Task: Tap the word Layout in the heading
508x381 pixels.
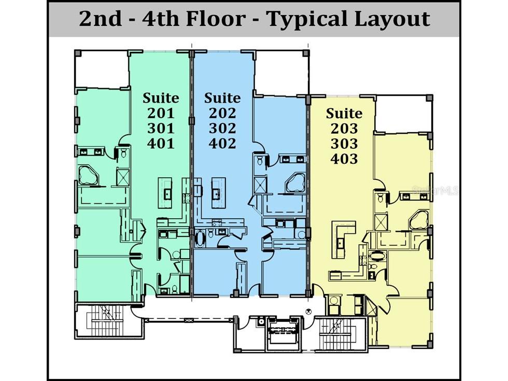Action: [x=392, y=19]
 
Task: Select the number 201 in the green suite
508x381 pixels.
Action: [x=161, y=113]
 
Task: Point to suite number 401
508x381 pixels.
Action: [x=161, y=144]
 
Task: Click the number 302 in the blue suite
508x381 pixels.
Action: [x=222, y=129]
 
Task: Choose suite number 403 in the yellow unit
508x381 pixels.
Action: [x=344, y=159]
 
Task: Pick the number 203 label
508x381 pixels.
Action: [x=344, y=129]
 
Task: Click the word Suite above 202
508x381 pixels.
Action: [x=222, y=98]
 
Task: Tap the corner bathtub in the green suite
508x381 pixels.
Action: [x=88, y=175]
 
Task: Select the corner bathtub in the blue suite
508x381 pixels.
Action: [x=295, y=184]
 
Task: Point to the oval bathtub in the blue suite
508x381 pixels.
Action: [x=199, y=239]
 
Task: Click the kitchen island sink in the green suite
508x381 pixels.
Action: [x=167, y=194]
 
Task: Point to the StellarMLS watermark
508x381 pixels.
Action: [x=435, y=191]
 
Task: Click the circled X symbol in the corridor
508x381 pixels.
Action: [x=308, y=312]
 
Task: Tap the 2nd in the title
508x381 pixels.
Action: [x=101, y=19]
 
